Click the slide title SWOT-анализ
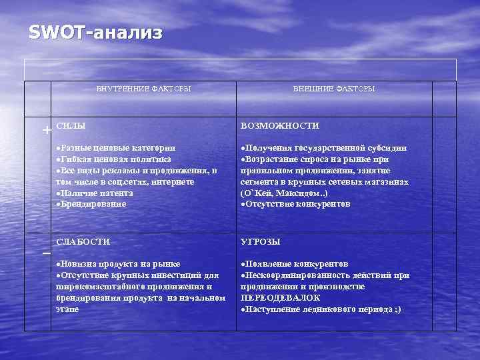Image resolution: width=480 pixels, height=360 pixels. click(x=95, y=33)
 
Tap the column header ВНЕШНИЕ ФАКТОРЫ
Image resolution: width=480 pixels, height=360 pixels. click(x=334, y=89)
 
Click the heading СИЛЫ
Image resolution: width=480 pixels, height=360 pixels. click(x=71, y=125)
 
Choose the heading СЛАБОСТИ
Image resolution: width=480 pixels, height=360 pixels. click(x=83, y=241)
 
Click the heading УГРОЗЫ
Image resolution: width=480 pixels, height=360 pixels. click(x=260, y=241)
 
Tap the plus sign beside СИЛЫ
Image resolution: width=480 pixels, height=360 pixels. click(x=46, y=130)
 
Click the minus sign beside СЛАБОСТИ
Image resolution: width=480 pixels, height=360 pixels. click(x=46, y=255)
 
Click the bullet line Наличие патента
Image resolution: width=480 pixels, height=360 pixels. click(x=97, y=193)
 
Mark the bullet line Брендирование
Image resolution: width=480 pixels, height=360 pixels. click(x=93, y=204)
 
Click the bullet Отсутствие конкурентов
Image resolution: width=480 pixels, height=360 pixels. click(x=297, y=204)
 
